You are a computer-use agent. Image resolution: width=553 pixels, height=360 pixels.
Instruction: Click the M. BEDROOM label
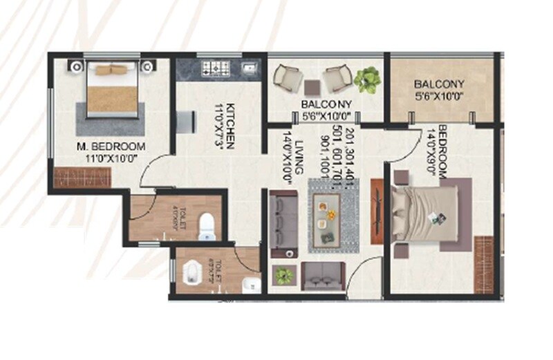click(111, 146)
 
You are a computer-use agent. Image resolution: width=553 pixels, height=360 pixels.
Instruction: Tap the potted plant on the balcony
click(366, 78)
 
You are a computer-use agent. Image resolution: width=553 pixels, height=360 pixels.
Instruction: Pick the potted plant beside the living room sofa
click(283, 276)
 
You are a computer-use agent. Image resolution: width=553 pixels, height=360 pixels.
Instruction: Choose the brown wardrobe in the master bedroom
click(73, 178)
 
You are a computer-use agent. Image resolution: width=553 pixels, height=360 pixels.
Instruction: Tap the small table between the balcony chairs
click(312, 87)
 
